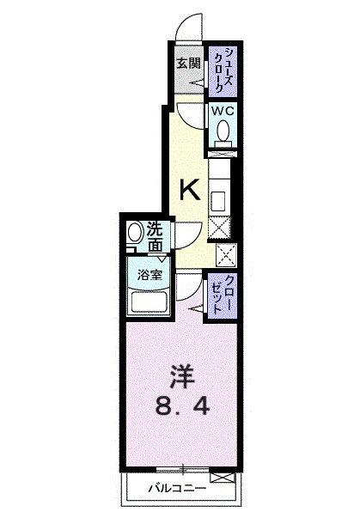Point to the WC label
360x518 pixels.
223,112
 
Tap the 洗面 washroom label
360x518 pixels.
155,237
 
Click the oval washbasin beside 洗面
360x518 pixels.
135,235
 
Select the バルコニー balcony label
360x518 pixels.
176,489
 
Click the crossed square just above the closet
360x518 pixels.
226,255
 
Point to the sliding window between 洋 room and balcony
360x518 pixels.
183,469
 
